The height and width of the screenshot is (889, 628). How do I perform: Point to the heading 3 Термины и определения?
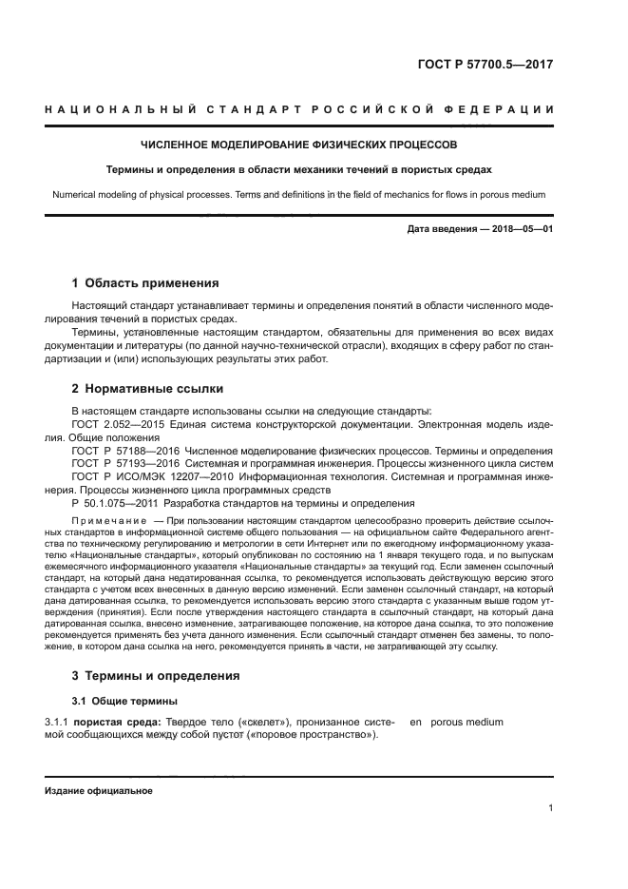(x=156, y=676)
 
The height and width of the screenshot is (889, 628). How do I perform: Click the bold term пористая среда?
(x=123, y=723)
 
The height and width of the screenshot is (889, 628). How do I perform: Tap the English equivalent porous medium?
(x=466, y=723)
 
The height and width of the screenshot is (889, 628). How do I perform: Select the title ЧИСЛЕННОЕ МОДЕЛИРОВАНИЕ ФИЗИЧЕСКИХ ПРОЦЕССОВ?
(x=298, y=145)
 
